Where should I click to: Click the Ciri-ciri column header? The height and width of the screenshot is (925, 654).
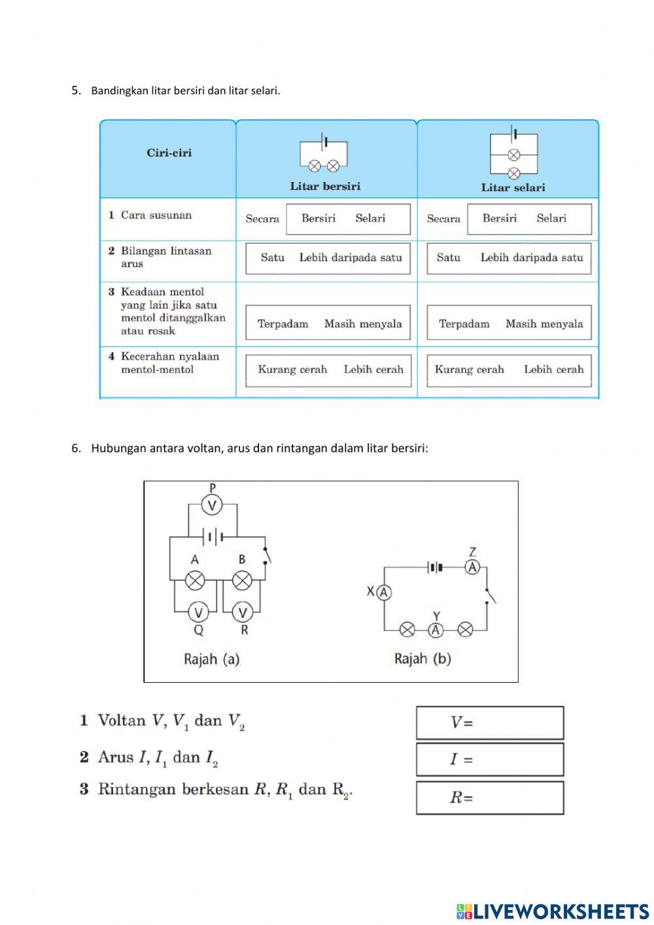(x=169, y=153)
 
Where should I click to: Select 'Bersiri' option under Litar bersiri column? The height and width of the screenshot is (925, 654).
(x=318, y=219)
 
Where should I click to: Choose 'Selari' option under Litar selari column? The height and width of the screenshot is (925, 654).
(x=551, y=219)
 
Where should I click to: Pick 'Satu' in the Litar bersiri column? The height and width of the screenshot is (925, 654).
(x=272, y=258)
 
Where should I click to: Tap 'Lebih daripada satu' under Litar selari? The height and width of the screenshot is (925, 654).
(x=531, y=258)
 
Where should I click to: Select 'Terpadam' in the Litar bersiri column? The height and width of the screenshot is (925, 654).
(x=283, y=324)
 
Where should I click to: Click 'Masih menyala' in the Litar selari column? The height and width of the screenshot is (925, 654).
(x=543, y=324)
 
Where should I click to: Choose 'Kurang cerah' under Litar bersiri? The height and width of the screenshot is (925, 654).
(x=292, y=370)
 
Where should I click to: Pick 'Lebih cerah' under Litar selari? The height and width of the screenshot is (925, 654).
(x=553, y=370)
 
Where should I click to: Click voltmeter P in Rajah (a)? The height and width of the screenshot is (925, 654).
(x=212, y=505)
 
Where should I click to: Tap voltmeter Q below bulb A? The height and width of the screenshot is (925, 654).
(x=198, y=613)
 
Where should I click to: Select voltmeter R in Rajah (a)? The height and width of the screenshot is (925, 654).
(x=243, y=613)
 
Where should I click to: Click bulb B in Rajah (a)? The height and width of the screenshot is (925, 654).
(x=242, y=580)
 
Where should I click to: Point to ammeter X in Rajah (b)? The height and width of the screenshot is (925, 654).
(x=384, y=592)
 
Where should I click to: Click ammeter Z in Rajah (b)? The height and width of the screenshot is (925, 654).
(x=472, y=567)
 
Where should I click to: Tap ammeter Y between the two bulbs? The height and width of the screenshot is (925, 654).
(x=436, y=630)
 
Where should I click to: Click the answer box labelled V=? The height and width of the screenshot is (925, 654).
(x=490, y=723)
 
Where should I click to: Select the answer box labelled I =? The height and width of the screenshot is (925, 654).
(x=490, y=759)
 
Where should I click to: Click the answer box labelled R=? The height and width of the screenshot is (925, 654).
(x=490, y=797)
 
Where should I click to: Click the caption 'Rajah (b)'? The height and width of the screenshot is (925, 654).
(x=422, y=659)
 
